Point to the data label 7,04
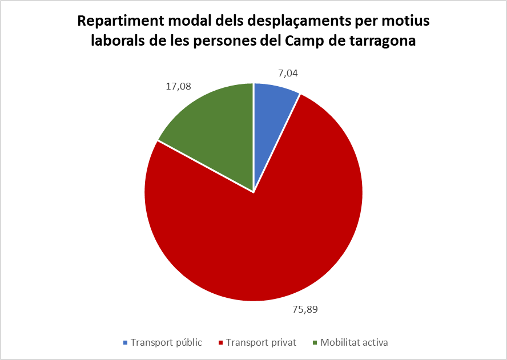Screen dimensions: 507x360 pos(288,74)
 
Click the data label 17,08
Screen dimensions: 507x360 pos(179,87)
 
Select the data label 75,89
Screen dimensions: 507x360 pos(305,310)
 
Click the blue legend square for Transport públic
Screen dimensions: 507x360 pos(126,342)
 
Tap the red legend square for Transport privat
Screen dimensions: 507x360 pos(221,342)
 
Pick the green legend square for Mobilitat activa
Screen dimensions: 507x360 pos(315,342)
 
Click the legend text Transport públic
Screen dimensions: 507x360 pos(167,342)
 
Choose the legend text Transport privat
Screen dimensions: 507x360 pos(261,342)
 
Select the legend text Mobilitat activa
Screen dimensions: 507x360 pos(354,342)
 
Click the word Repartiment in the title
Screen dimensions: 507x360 pos(120,21)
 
